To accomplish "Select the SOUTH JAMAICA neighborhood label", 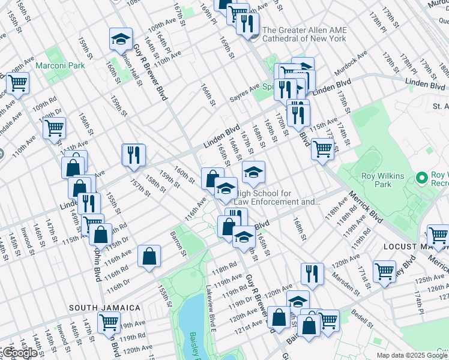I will coord(104,308).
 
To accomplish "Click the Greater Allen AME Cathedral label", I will coord(304,34).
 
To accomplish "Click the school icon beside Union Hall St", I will coord(121,40).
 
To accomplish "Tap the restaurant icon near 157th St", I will coord(133,155).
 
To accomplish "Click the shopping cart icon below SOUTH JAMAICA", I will coord(109,322).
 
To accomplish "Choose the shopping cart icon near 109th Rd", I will coord(54,127).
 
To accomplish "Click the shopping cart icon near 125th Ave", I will coord(384,271).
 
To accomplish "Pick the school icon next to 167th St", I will coord(253,173).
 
